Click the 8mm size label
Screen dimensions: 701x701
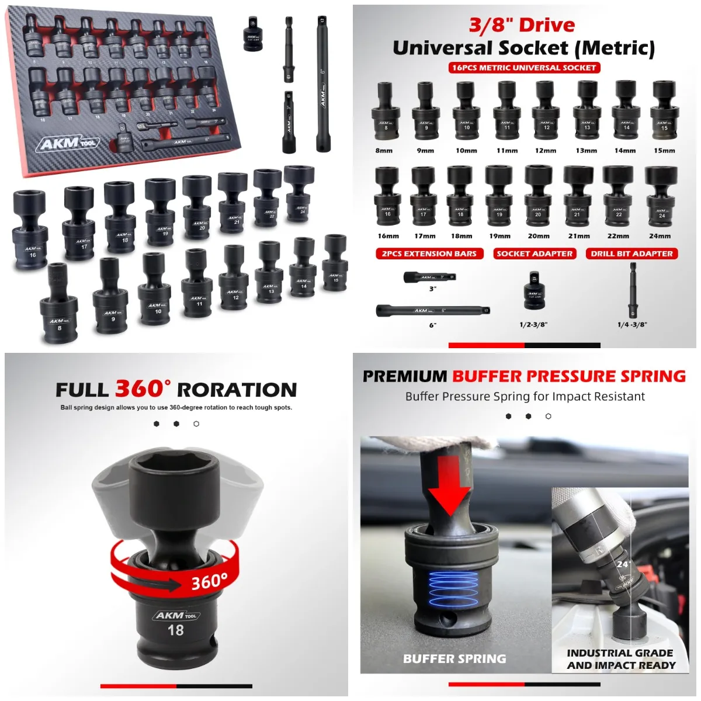384,151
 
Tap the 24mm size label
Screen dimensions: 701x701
660,236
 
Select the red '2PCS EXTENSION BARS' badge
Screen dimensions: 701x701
429,254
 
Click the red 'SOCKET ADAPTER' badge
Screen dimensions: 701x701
535,254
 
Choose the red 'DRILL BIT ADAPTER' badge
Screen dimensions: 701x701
631,254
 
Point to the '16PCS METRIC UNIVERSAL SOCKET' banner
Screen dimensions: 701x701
524,68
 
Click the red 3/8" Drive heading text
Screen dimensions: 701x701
522,25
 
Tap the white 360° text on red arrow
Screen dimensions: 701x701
209,581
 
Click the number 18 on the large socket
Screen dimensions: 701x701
175,630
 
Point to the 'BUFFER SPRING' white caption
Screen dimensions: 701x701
454,659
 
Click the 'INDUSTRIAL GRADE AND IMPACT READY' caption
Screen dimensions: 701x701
620,659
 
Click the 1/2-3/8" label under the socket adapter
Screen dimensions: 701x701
533,325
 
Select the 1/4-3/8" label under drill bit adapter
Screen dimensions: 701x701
632,325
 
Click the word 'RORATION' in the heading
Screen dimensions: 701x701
237,390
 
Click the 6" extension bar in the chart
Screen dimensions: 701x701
432,310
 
